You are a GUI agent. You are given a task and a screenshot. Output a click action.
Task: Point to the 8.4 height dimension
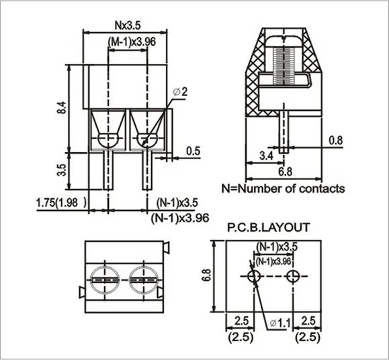(62, 108)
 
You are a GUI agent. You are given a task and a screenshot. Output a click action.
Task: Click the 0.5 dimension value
(193, 150)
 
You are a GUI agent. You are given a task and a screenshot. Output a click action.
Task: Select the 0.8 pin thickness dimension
(336, 140)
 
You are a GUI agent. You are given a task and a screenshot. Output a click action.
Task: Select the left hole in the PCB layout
(254, 277)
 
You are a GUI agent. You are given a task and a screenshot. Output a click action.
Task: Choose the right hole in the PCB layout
(293, 277)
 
